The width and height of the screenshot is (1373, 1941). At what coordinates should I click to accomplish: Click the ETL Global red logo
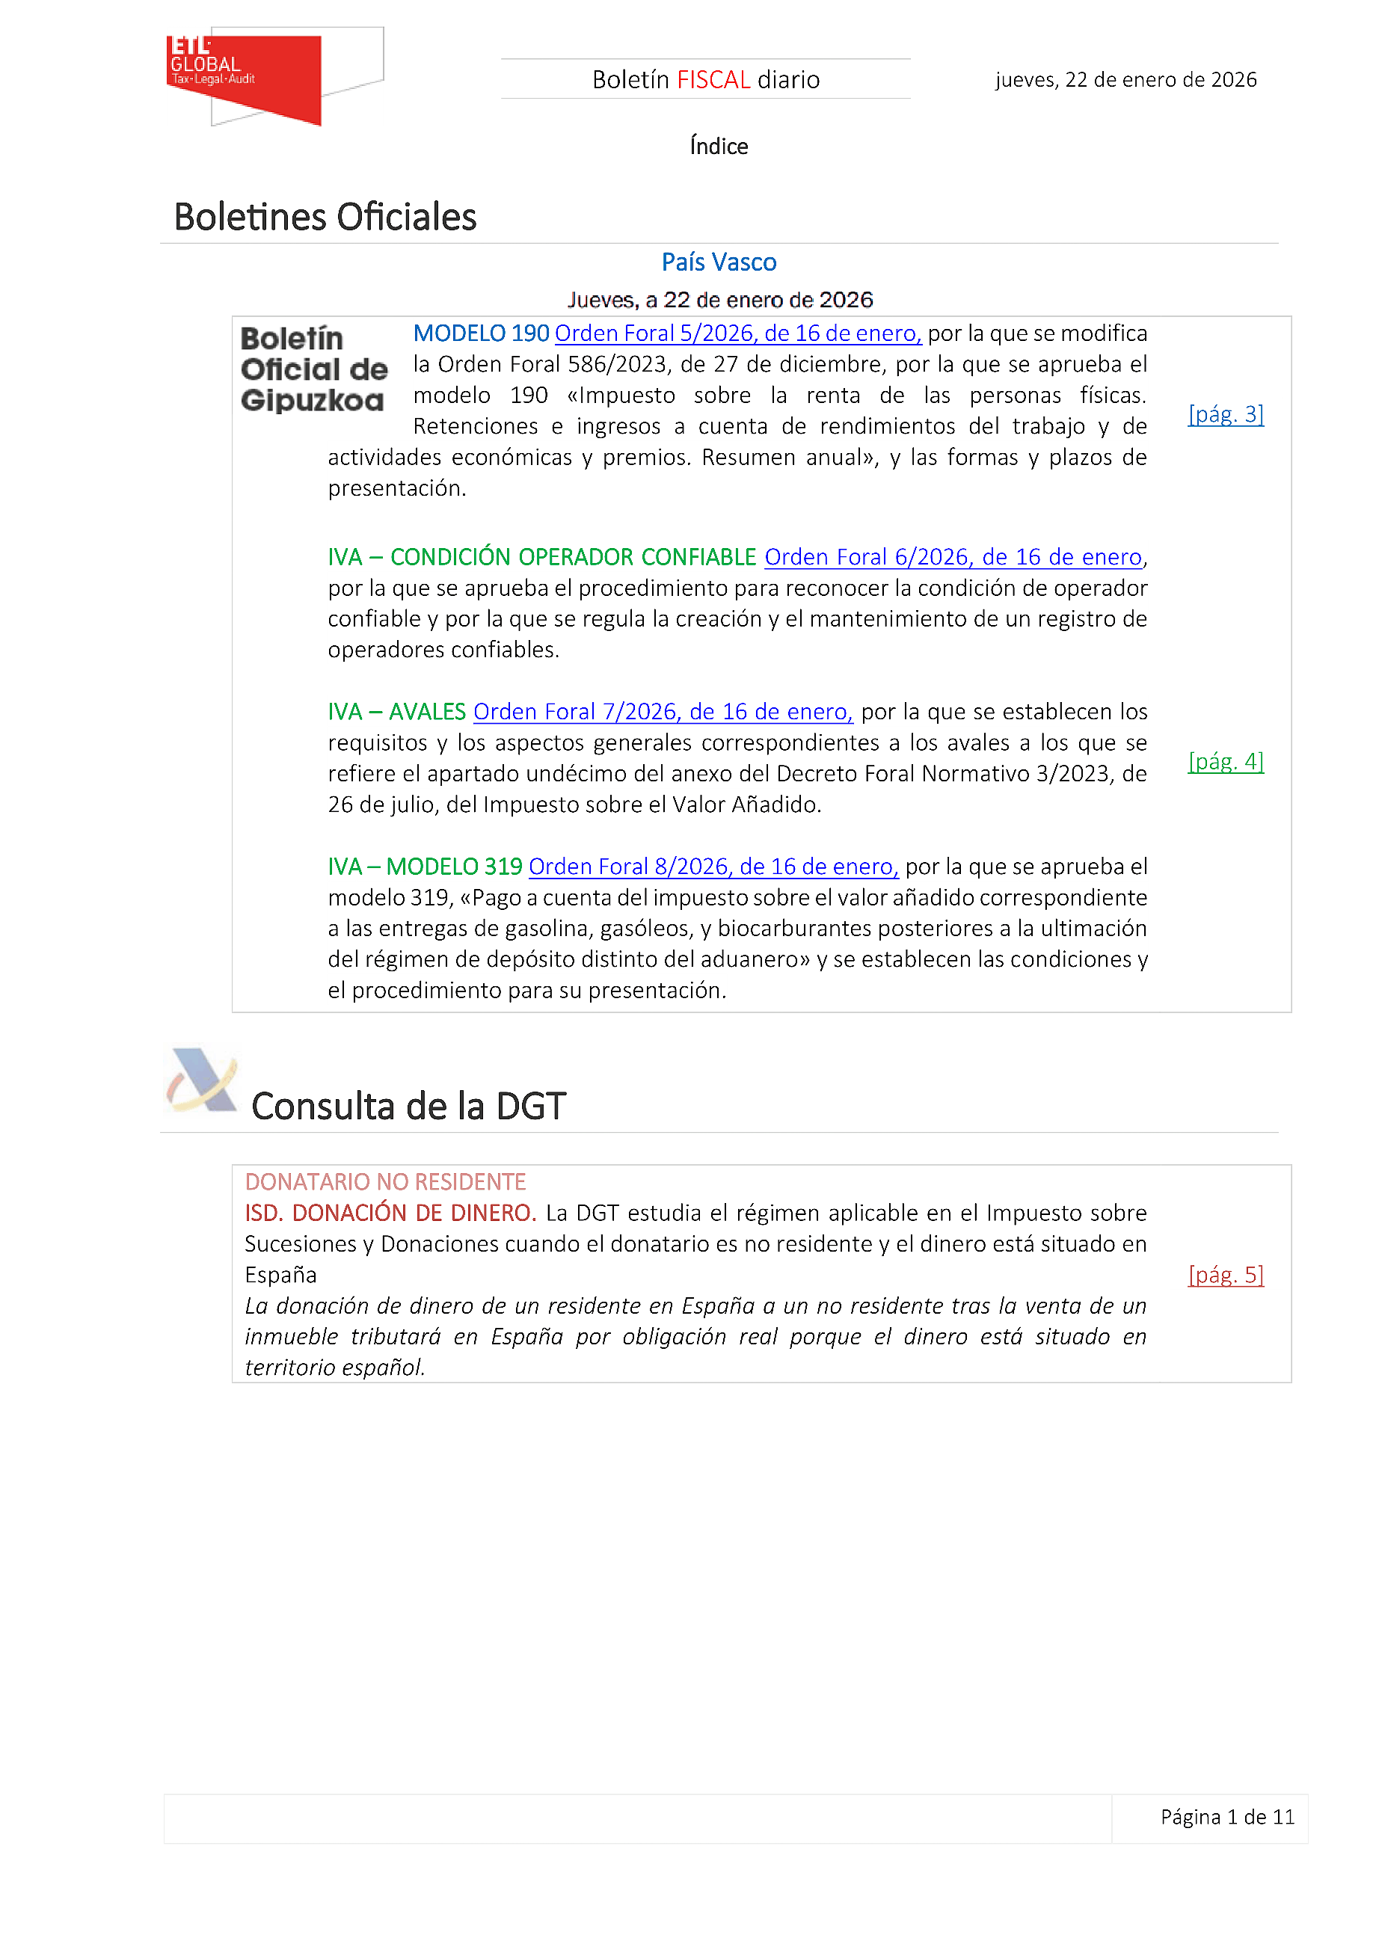[245, 78]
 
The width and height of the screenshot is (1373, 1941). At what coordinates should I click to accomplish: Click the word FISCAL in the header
[713, 79]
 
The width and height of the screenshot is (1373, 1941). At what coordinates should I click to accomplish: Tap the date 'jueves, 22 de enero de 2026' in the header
[1125, 79]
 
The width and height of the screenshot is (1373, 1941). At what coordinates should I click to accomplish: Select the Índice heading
[719, 147]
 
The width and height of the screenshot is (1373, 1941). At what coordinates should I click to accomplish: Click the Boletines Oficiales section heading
[325, 218]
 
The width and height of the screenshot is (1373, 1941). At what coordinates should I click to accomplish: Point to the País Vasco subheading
[719, 262]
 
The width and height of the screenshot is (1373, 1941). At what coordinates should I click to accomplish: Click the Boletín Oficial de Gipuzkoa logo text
[313, 369]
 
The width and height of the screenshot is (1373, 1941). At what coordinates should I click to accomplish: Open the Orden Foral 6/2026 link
[953, 557]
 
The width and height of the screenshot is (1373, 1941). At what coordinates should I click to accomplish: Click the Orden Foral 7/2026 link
[662, 712]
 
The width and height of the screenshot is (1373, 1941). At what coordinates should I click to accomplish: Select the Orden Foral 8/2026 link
[713, 867]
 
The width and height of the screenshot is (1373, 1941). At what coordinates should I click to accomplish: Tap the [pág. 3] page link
[1225, 414]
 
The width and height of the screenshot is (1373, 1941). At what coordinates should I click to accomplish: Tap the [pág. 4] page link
[1225, 761]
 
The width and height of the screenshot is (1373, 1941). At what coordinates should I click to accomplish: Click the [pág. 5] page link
[1225, 1275]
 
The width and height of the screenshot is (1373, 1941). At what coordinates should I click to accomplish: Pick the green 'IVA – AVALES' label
[396, 712]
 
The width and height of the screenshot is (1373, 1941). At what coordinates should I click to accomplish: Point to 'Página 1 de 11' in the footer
[1226, 1817]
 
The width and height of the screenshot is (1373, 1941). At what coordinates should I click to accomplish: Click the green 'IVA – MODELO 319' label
[425, 867]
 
